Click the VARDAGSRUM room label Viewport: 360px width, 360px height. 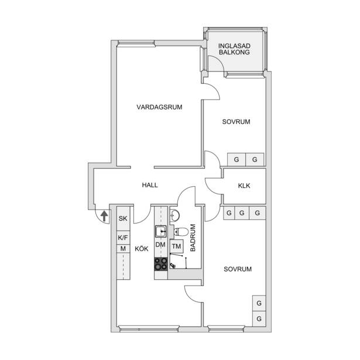pos(159,107)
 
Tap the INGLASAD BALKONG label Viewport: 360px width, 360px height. pos(234,49)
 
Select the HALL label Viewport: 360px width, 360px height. pos(150,185)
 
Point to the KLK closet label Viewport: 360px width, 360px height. pos(244,186)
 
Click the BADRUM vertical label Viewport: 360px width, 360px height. pos(193,238)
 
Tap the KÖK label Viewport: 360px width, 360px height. pos(142,249)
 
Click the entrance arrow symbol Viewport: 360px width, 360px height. pos(104,216)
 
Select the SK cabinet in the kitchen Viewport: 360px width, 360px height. pos(124,218)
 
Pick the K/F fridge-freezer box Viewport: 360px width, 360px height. pos(124,238)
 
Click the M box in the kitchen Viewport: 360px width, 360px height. pos(124,249)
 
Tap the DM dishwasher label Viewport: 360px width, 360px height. pos(160,245)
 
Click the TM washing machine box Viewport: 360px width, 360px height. pos(177,246)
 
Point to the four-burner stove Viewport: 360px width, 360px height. pos(161,264)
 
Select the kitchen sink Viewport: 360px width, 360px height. pos(161,231)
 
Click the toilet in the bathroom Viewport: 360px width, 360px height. pos(181,232)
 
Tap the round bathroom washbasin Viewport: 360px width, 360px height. pos(175,215)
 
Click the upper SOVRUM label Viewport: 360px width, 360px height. pos(236,122)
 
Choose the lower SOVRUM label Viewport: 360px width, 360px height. pos(238,269)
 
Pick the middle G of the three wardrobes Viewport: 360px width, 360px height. pos(242,213)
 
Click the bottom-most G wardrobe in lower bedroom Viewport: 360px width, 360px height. pos(259,318)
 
